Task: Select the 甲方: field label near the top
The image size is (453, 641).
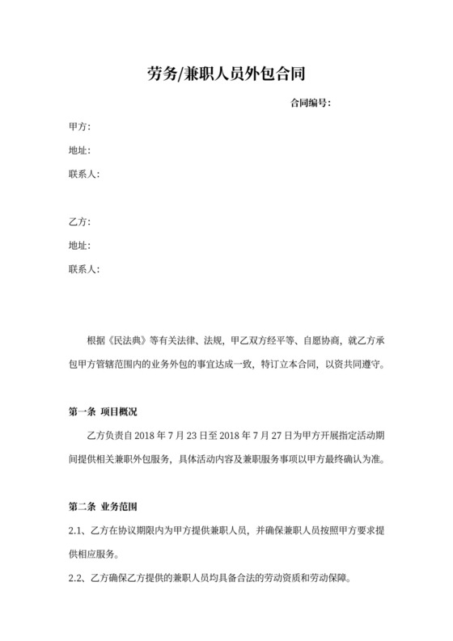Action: pyautogui.click(x=79, y=127)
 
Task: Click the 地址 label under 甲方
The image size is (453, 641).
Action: pyautogui.click(x=79, y=150)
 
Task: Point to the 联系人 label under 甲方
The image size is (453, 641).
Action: pyautogui.click(x=83, y=174)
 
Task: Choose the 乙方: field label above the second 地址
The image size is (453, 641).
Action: pyautogui.click(x=79, y=221)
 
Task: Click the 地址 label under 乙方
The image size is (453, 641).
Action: pyautogui.click(x=79, y=245)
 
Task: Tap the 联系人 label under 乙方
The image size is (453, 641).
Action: pyautogui.click(x=83, y=268)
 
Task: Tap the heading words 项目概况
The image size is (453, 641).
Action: pyautogui.click(x=121, y=412)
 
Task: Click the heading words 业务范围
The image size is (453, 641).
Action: pyautogui.click(x=121, y=508)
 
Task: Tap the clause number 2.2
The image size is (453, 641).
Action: pyautogui.click(x=75, y=579)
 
